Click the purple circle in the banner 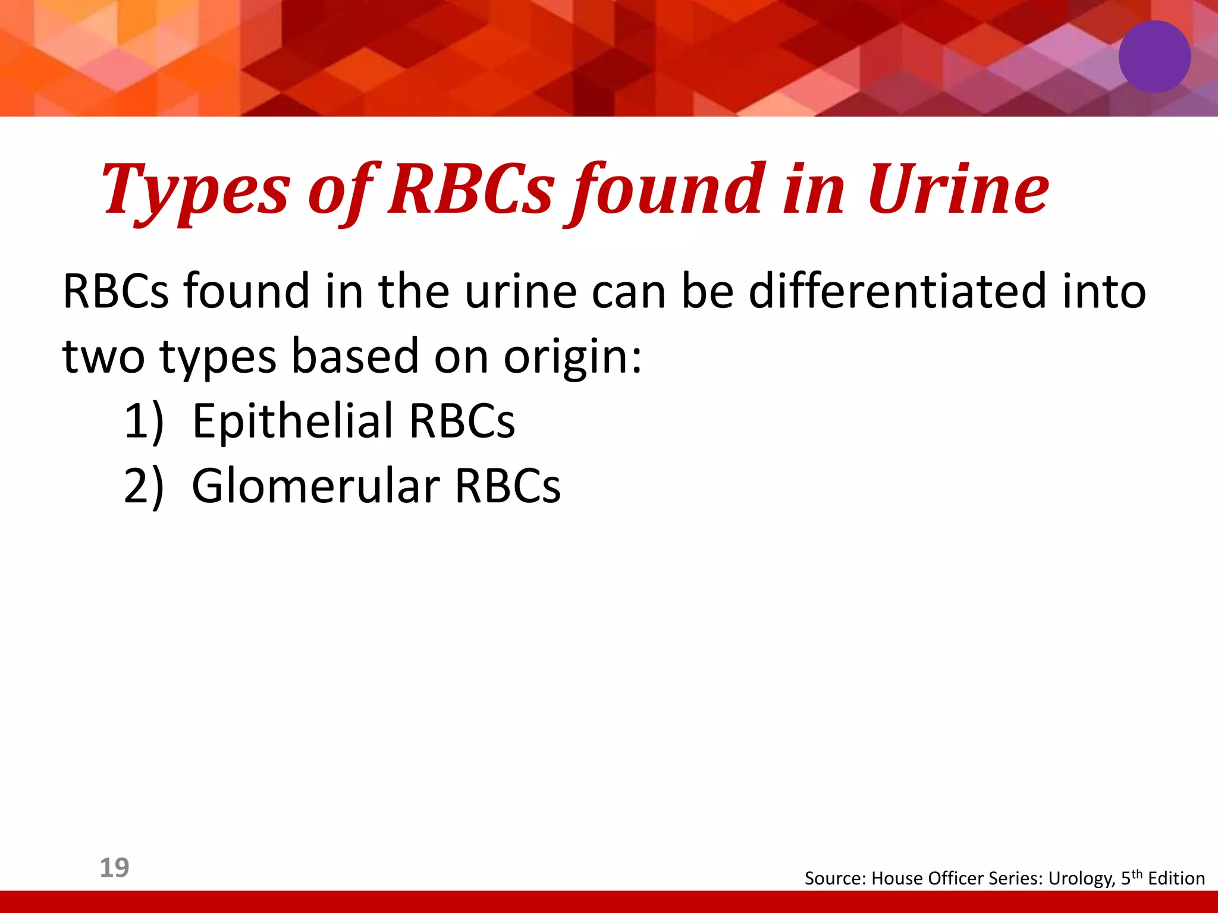[1154, 56]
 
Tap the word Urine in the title [958, 190]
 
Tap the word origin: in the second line [573, 357]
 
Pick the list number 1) [143, 421]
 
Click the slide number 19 [114, 868]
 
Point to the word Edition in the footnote [1176, 879]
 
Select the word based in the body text [355, 357]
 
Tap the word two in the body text [103, 357]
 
